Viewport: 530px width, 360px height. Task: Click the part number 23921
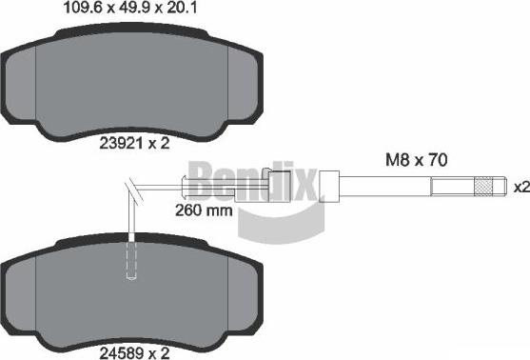(x=120, y=144)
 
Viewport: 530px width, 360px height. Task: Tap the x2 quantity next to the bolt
(x=520, y=187)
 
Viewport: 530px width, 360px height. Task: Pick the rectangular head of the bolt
(x=330, y=186)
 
